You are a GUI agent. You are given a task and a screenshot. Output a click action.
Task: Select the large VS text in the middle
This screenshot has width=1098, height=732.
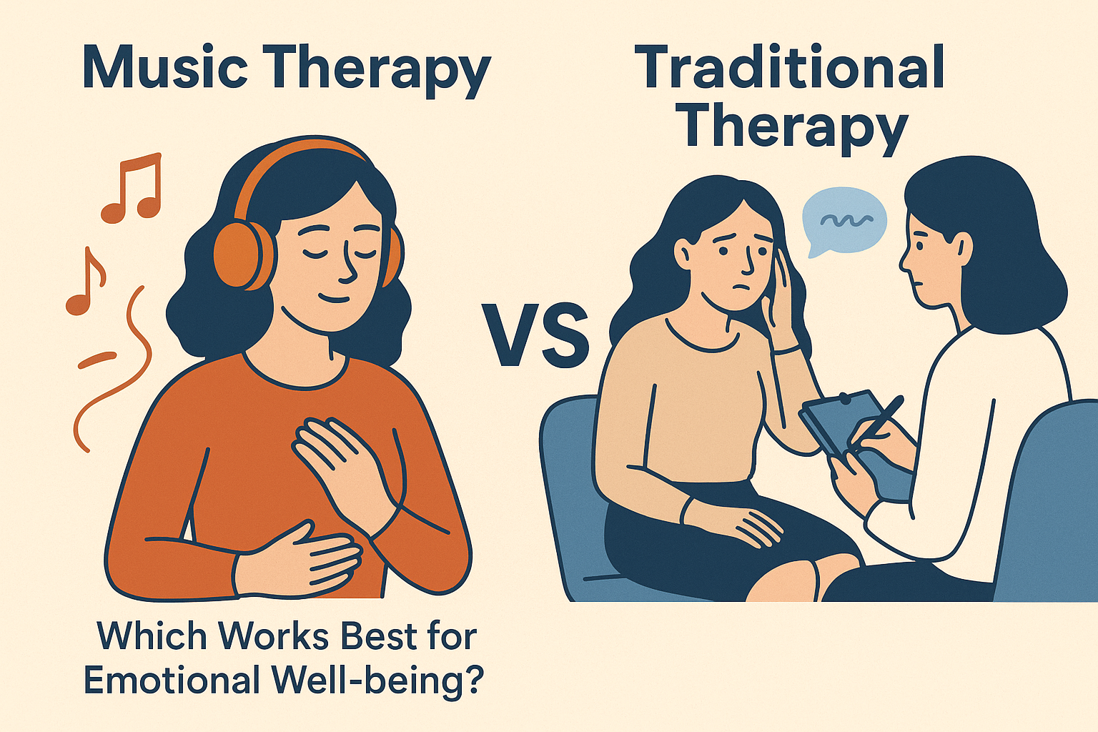click(x=535, y=335)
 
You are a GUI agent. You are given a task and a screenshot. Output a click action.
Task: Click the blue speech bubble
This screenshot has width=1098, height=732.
click(x=844, y=221)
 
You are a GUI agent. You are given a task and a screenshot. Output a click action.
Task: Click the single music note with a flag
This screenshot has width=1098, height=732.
click(x=85, y=280)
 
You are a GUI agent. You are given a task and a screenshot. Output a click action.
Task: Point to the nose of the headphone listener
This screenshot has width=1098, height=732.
click(x=349, y=264)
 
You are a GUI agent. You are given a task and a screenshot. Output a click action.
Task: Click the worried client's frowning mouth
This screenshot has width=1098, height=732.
click(x=742, y=288)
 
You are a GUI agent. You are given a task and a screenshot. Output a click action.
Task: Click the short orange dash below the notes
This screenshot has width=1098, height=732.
click(x=97, y=360)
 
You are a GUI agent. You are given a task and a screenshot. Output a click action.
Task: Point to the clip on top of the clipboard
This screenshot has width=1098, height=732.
click(x=844, y=398)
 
